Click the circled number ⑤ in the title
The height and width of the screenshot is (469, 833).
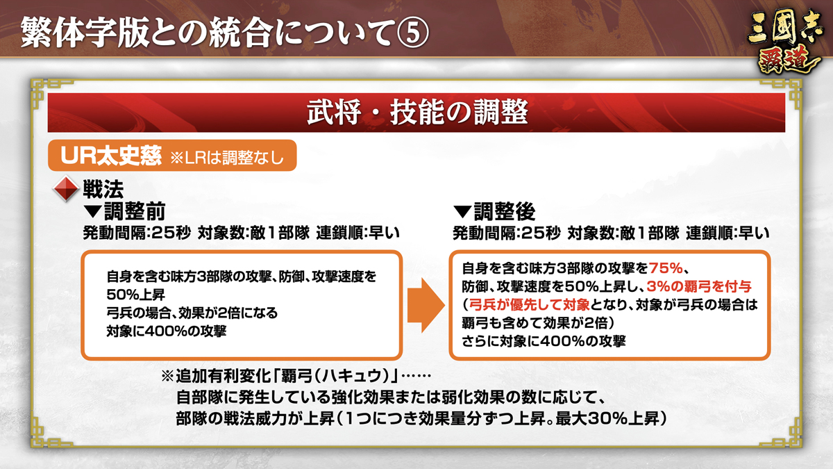412,33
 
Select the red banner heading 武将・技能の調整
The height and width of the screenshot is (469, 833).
417,113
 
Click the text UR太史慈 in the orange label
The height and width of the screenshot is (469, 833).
111,156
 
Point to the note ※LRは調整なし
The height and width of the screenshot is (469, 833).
227,158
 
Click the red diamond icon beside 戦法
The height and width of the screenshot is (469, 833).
66,189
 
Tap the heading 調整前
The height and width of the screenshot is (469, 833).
135,212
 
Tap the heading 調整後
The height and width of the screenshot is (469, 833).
504,212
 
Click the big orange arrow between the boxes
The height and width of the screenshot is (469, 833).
426,305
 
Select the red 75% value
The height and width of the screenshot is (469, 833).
666,268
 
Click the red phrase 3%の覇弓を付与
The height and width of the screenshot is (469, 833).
699,286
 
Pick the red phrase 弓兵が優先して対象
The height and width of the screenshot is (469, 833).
529,305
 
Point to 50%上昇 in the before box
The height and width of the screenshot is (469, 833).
136,295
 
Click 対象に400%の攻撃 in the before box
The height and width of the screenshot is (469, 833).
166,331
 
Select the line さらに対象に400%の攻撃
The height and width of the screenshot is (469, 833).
544,341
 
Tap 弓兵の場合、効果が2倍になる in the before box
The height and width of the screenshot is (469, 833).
192,313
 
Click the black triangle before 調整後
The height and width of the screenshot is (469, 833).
462,212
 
